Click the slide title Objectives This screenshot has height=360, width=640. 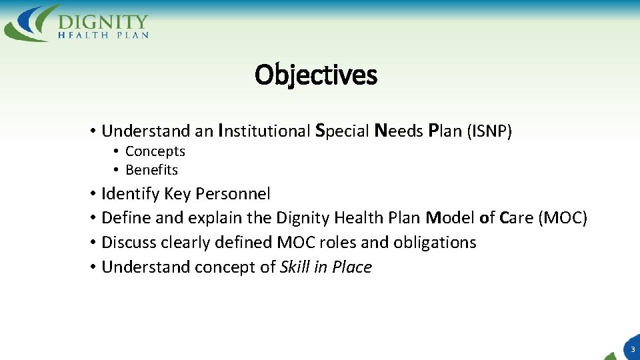coord(315,75)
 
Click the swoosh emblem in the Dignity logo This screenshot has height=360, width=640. coord(31,24)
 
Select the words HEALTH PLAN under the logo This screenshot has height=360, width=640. coord(103,35)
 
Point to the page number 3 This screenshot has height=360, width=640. coord(632,349)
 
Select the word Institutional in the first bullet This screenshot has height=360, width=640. coord(264,131)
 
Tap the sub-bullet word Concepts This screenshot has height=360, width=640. coord(155,151)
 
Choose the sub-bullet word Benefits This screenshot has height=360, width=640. coord(151,170)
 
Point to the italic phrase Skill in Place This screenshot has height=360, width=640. coord(326,267)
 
